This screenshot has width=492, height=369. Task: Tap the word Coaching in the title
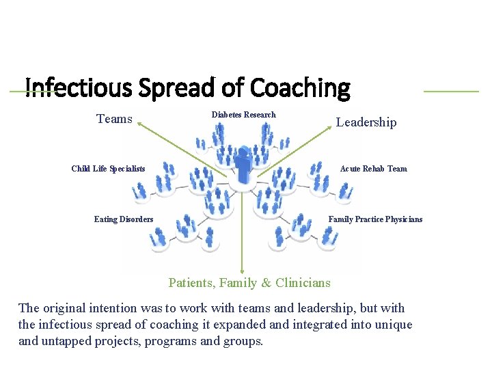(300, 87)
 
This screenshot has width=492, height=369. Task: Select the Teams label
(114, 119)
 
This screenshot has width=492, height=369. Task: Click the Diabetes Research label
(243, 115)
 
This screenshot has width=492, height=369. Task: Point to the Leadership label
(366, 122)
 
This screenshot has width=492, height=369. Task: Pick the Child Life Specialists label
(108, 169)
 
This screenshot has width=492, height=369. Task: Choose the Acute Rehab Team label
(373, 169)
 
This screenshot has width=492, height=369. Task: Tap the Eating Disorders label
(124, 219)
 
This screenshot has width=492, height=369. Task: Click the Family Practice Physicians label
(375, 219)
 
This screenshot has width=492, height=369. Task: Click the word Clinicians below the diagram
(303, 283)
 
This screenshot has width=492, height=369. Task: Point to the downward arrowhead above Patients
(242, 272)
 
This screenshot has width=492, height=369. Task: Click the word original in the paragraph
(64, 308)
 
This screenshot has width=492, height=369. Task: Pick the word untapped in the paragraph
(68, 341)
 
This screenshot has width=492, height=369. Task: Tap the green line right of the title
(451, 91)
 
